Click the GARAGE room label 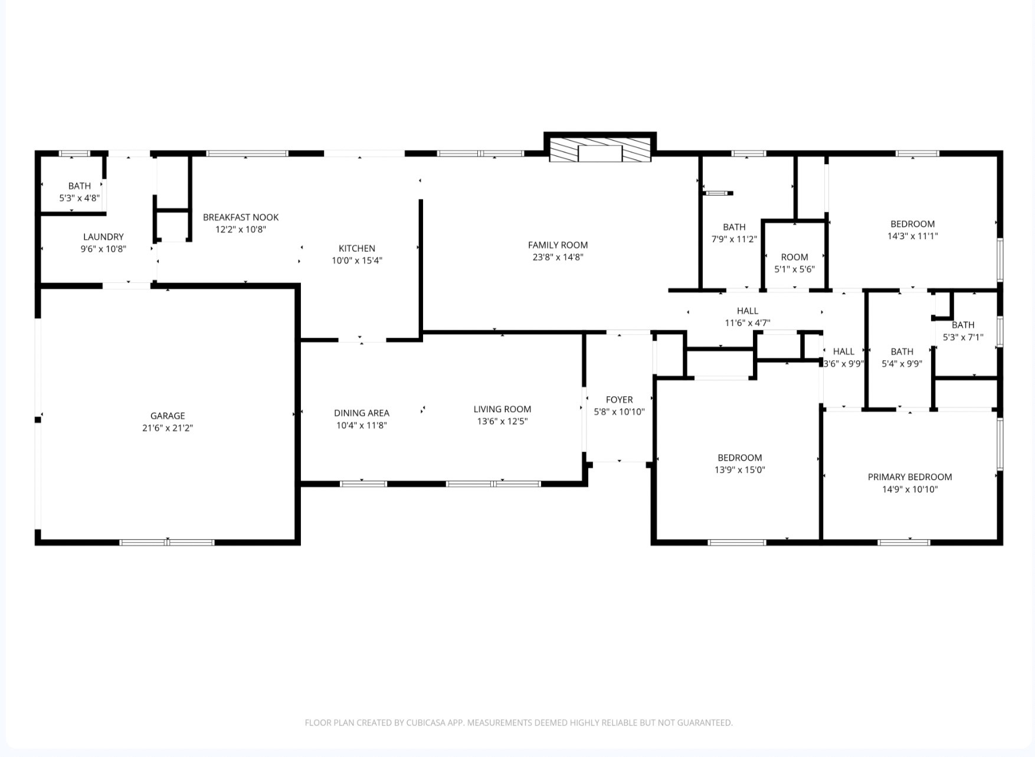point(168,416)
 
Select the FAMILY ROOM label point(558,245)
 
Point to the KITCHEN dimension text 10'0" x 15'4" point(357,260)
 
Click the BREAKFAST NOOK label point(241,217)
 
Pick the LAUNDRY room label point(103,237)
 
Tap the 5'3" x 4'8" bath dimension point(80,198)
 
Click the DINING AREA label point(362,413)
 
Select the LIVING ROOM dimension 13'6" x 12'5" point(502,422)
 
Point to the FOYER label point(619,400)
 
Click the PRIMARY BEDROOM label point(910,477)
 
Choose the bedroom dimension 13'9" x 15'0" point(740,470)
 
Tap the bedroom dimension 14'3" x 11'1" point(913,236)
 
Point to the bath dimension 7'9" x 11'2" point(734,240)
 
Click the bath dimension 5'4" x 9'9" point(902,364)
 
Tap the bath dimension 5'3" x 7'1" point(963,338)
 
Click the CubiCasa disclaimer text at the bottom point(519,723)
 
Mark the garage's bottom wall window point(167,542)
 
